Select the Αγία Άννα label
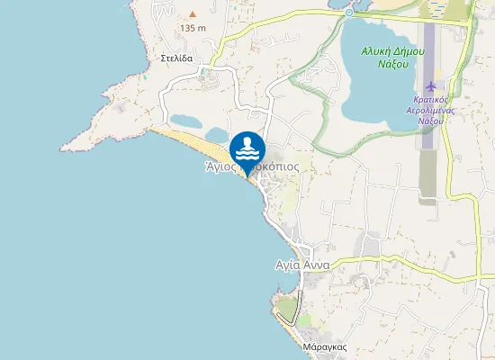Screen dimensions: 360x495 pyautogui.click(x=302, y=265)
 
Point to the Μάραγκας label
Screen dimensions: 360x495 pyautogui.click(x=326, y=346)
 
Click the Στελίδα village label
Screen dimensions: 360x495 pyautogui.click(x=179, y=56)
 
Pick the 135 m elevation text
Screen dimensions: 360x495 pyautogui.click(x=193, y=28)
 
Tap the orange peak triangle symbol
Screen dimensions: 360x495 pyautogui.click(x=192, y=15)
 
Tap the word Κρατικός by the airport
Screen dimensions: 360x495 pyautogui.click(x=432, y=99)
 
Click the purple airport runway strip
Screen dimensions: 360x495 pyautogui.click(x=428, y=54)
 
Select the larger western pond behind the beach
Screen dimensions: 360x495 pyautogui.click(x=187, y=121)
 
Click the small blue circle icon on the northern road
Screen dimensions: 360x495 pyautogui.click(x=348, y=13)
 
